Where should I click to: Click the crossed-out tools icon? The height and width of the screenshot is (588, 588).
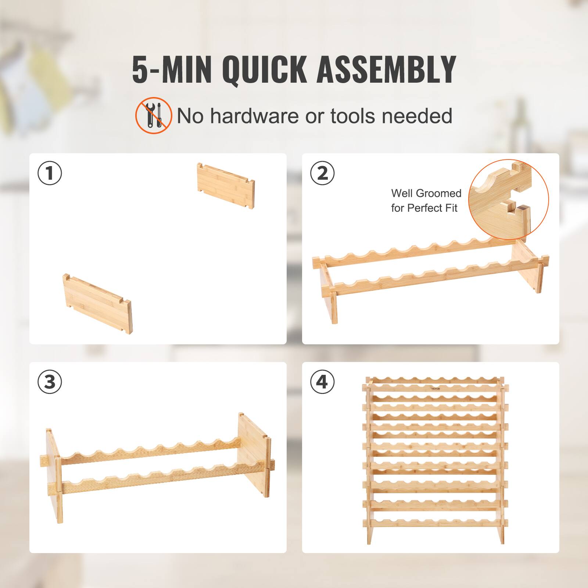coord(154,115)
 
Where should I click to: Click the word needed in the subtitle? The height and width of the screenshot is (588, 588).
coord(417,116)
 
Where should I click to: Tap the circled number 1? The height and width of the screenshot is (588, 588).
coord(50,173)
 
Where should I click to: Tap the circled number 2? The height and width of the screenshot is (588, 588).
coord(322,173)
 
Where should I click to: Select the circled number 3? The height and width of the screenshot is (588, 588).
coord(50,382)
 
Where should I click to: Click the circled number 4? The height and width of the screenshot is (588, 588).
coord(322,382)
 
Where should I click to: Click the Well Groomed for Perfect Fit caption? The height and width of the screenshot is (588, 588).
coord(426,201)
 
